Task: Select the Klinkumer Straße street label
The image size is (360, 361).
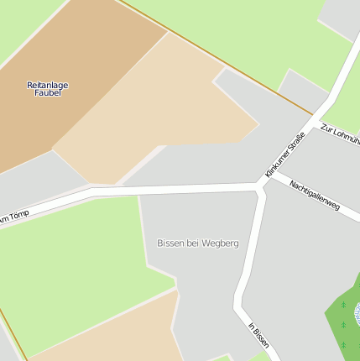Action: tap(284, 154)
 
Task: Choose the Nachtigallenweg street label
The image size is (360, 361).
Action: tap(315, 194)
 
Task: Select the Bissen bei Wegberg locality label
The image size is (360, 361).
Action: tap(198, 243)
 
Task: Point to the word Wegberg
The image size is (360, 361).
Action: tap(221, 243)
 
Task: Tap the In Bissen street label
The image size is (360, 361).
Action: tap(258, 336)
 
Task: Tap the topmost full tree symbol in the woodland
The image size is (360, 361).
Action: tap(343, 305)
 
